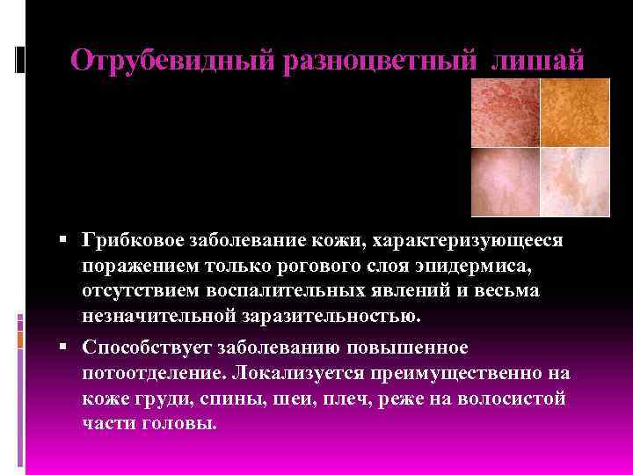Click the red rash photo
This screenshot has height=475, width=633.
coord(506,112)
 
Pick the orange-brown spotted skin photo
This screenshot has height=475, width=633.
coord(574,112)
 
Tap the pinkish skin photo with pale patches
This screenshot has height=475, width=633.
coord(506,180)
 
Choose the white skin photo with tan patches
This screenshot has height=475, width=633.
coord(574,180)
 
